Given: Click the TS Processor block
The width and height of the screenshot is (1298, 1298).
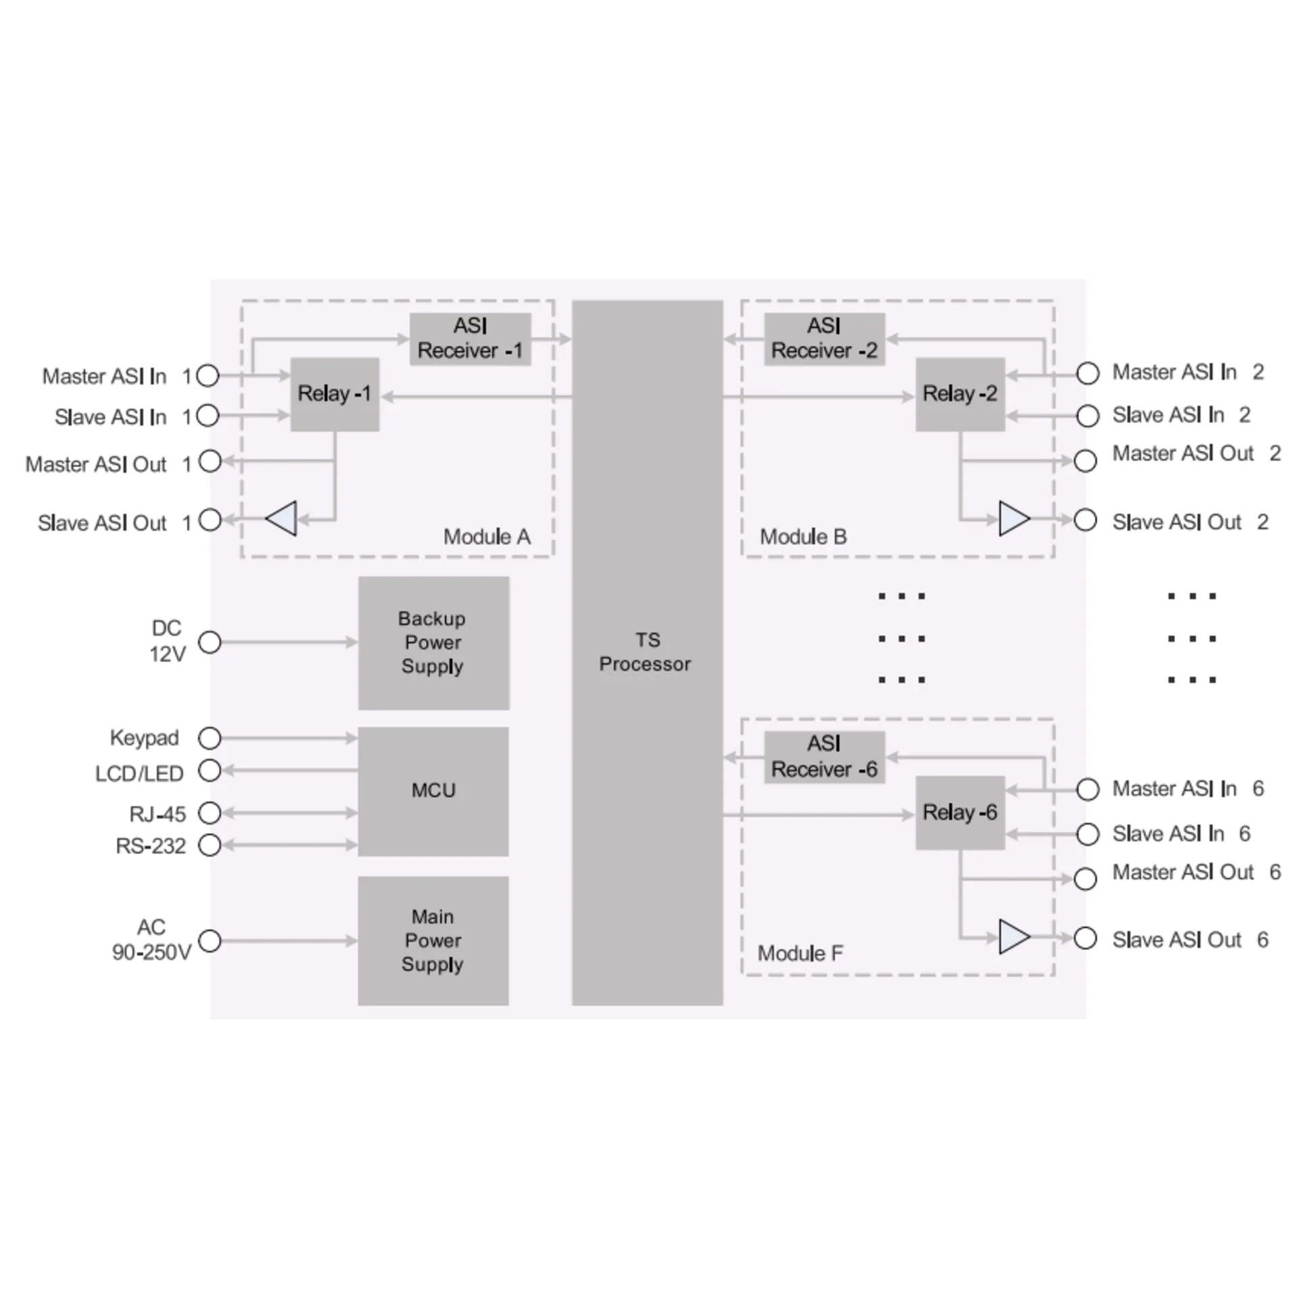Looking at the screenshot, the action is coord(647,652).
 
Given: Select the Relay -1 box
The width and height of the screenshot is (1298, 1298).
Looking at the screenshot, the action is coord(335,395).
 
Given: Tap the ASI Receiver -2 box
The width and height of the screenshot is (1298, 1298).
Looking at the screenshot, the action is coord(824,339).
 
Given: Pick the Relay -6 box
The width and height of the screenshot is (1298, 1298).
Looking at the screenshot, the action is coord(960,813).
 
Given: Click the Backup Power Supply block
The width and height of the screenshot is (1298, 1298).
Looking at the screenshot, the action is coord(433,643).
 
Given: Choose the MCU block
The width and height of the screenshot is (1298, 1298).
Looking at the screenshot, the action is coord(433,792).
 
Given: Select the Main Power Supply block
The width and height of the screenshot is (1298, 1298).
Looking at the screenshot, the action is coord(433,941).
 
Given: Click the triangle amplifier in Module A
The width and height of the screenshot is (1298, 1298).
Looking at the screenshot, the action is coord(281,519).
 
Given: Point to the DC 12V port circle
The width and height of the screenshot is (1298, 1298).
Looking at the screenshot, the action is coord(210,642).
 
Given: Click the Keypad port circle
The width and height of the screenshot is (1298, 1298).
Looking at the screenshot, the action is coord(210,738).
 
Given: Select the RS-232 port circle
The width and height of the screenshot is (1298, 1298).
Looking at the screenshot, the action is coord(210,845).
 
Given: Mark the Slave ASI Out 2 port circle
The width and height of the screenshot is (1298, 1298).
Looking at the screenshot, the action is coord(1085,520).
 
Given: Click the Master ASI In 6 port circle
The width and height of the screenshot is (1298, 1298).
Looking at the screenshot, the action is coord(1087,789).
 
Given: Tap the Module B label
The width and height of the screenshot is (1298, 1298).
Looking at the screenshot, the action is coord(803,537).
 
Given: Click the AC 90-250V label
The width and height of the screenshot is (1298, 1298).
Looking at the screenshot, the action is coord(151,940).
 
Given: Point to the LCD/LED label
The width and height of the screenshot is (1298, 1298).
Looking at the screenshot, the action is coord(139,773).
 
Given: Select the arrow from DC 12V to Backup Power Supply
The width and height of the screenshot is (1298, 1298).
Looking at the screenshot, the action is coord(289,642).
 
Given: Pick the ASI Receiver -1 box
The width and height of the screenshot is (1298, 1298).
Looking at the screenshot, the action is coord(470,339).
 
